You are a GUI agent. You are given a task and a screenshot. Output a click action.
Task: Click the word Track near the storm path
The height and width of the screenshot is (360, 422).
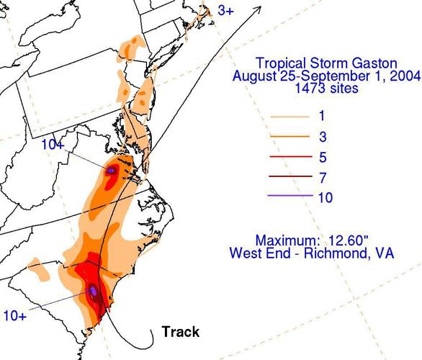point(180,332)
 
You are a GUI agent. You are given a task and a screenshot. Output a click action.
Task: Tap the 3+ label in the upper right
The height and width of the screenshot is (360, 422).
point(225,12)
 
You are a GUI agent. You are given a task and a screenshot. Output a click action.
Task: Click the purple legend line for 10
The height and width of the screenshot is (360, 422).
point(292,197)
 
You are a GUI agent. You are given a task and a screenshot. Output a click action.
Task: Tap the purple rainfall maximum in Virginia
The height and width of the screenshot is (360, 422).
point(112,171)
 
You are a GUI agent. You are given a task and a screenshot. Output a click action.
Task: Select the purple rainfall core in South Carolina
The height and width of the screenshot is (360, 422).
point(93,291)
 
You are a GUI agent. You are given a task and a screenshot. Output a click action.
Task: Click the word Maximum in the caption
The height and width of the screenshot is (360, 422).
point(287,240)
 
